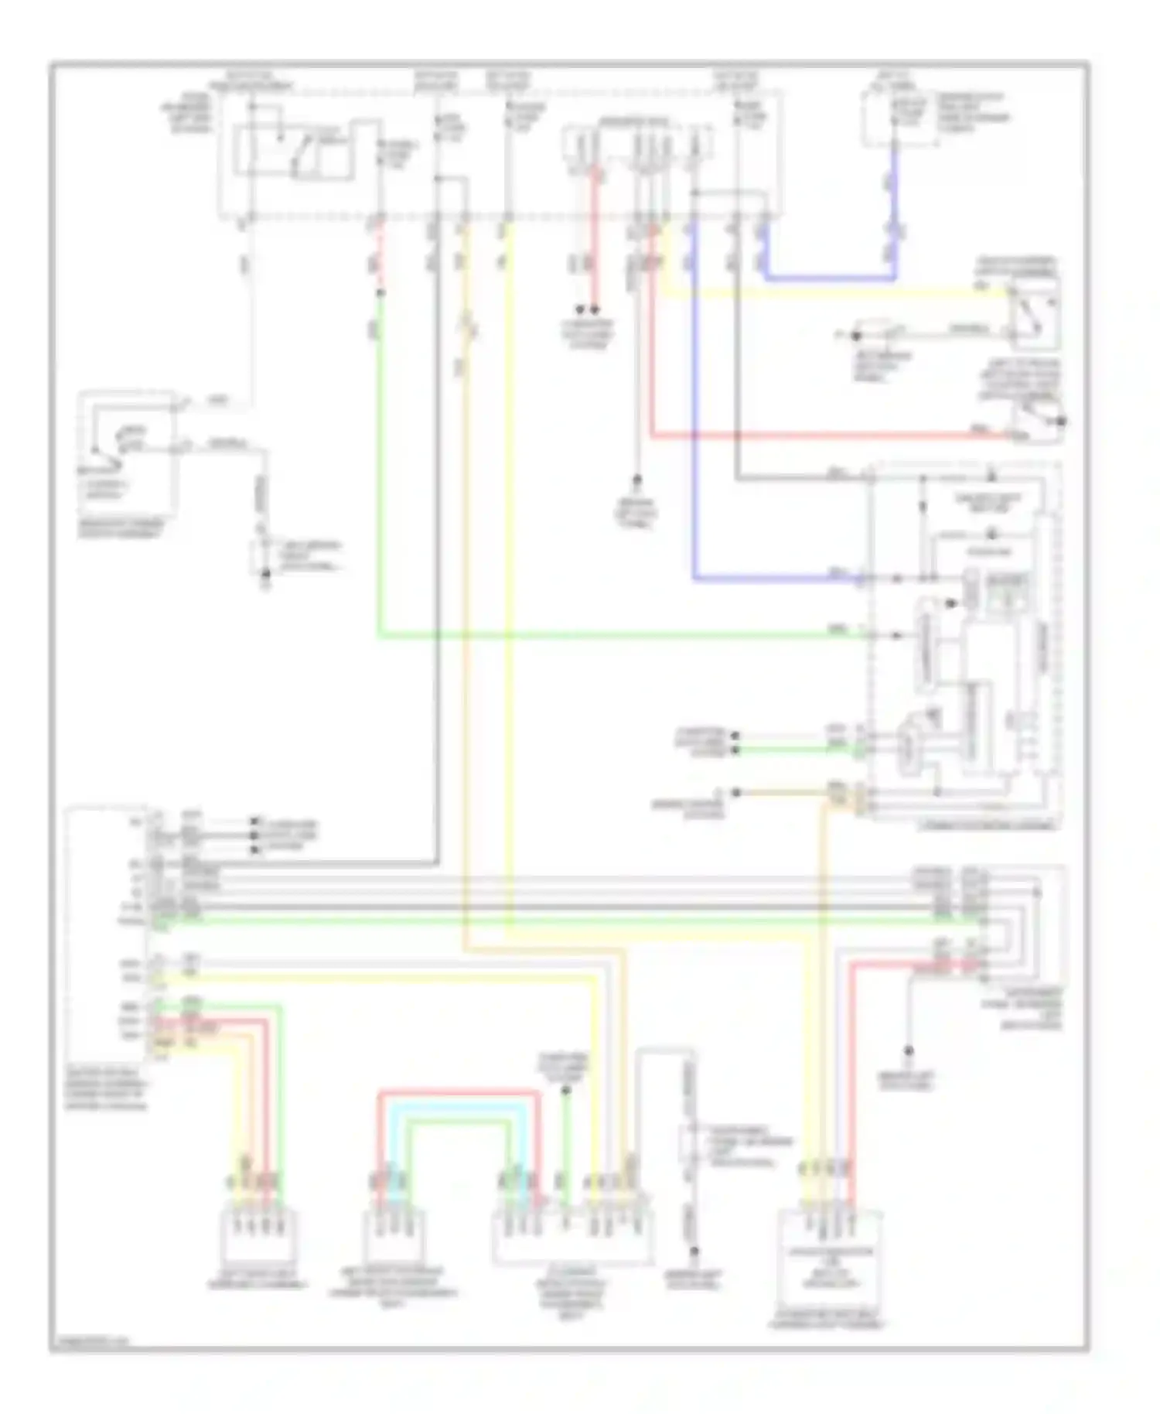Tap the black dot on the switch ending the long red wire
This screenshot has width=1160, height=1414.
[x=1061, y=422]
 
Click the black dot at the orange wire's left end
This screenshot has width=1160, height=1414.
[x=736, y=793]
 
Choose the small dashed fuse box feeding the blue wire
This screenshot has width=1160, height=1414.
[x=897, y=120]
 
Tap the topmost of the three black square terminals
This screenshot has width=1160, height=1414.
[x=255, y=822]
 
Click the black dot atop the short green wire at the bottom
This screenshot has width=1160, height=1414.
[x=565, y=1091]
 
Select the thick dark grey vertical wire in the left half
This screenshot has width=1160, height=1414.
[x=438, y=541]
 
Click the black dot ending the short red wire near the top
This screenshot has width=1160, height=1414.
[x=595, y=309]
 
